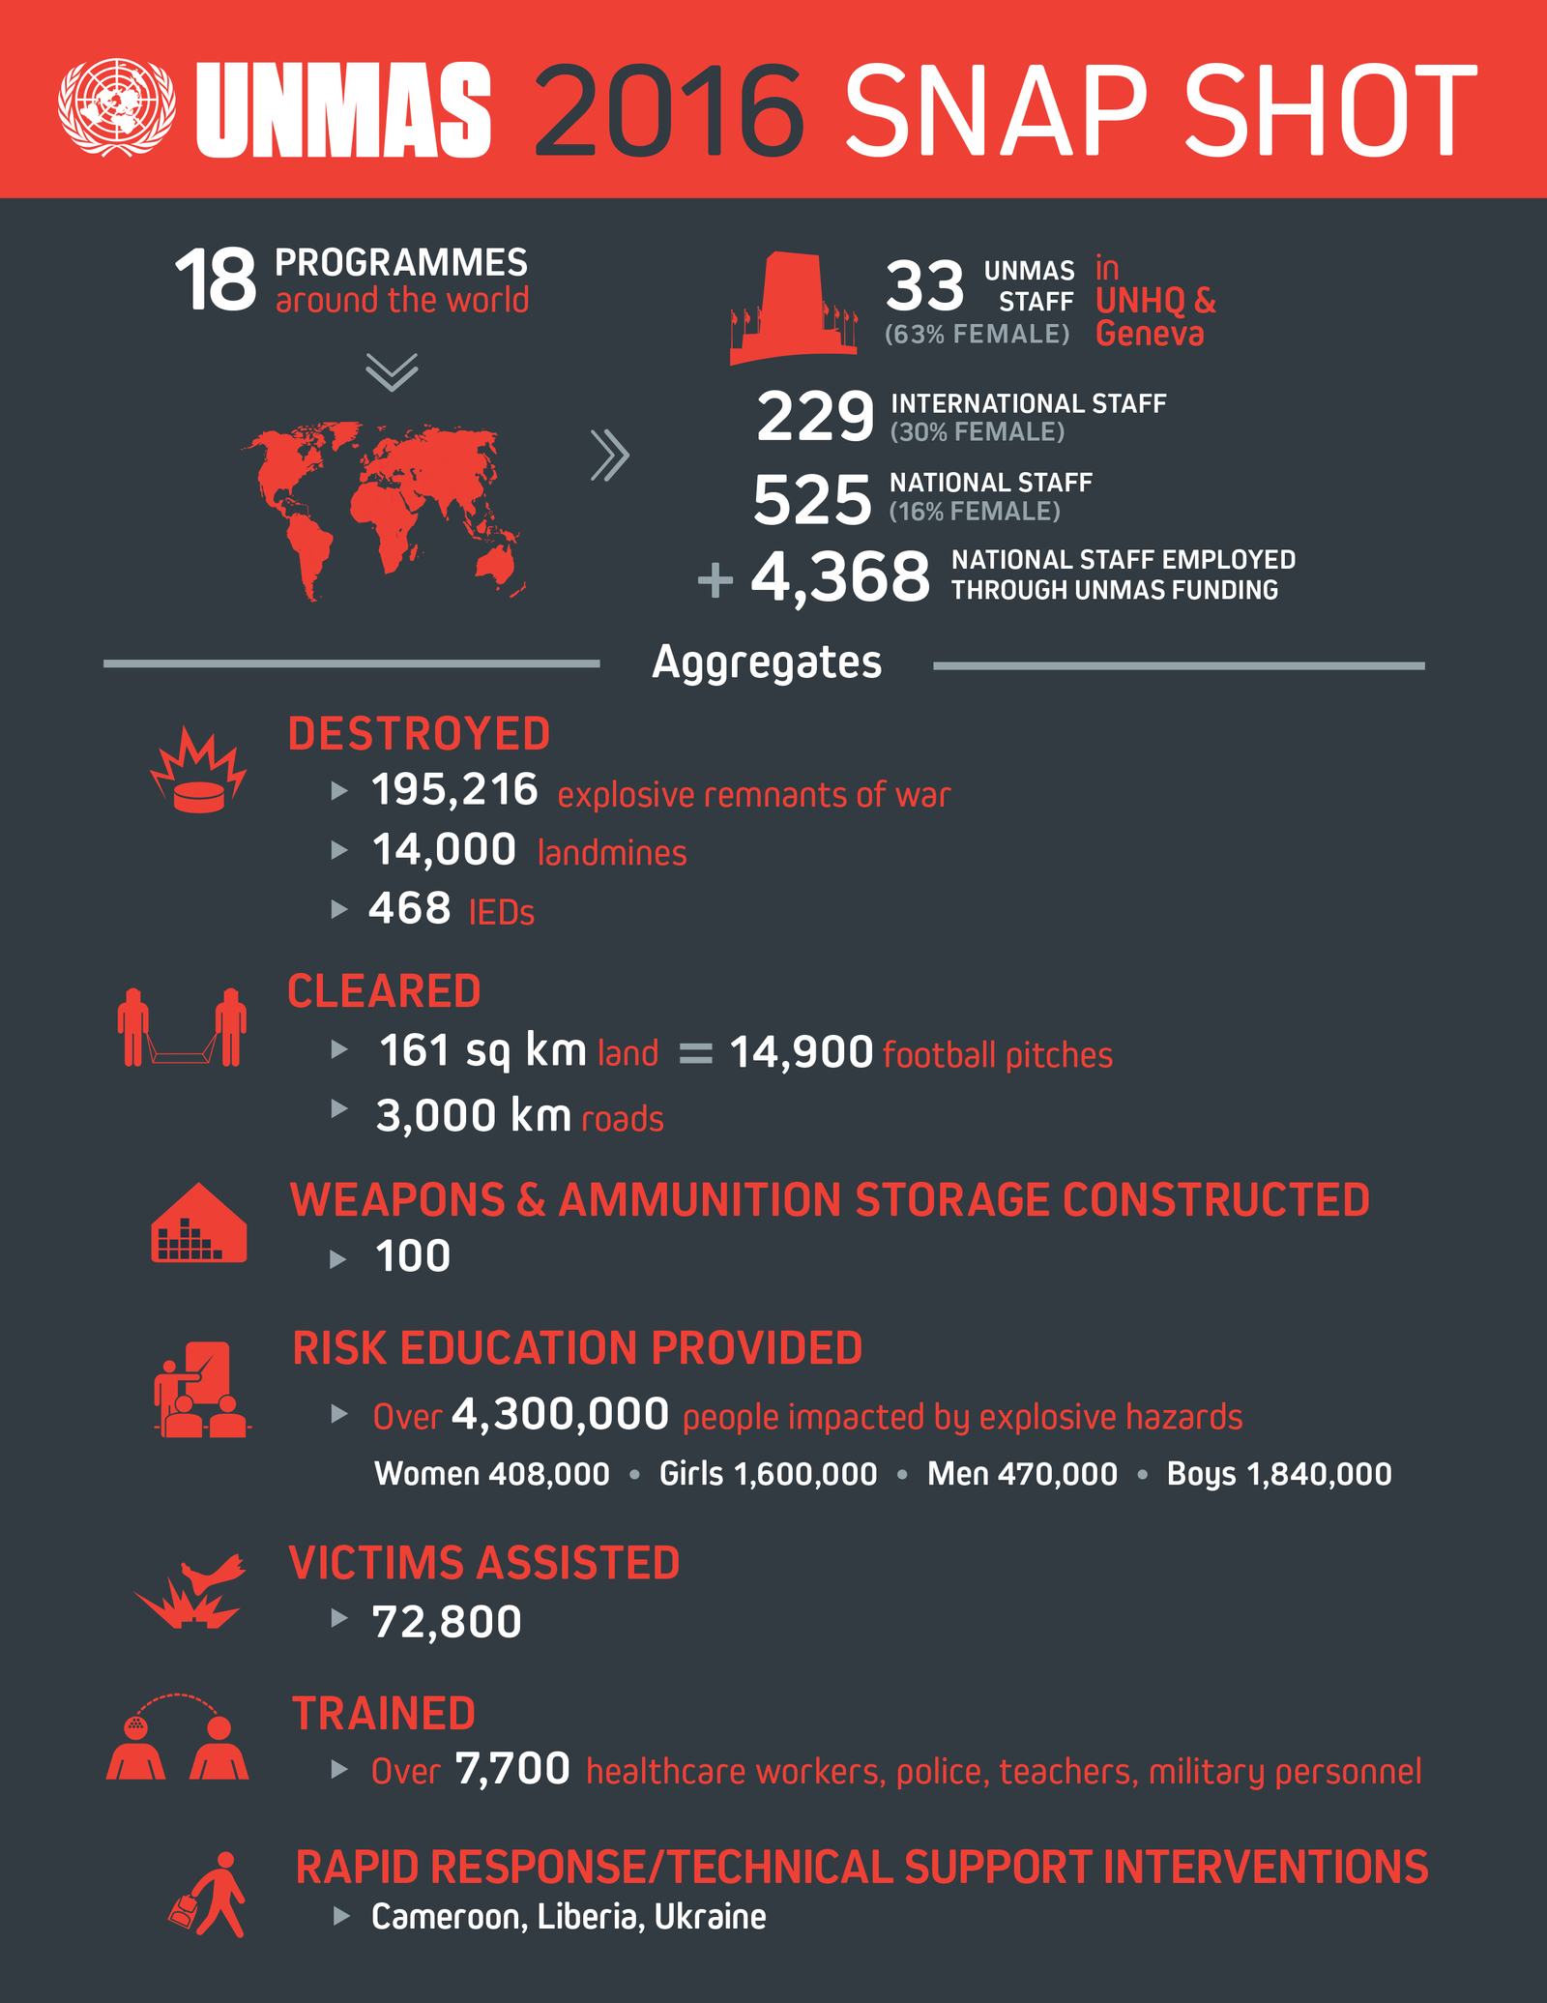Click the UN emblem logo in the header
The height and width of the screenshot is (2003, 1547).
117,107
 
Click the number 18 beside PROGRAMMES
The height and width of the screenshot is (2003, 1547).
216,280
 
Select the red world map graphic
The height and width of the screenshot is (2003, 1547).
387,509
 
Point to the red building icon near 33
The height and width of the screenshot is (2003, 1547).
793,308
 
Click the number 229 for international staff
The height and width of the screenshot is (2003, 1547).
815,417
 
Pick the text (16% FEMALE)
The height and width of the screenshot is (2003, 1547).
975,512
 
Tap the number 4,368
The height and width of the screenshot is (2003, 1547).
840,577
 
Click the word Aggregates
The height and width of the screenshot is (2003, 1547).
767,663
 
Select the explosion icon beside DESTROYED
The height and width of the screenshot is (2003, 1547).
198,771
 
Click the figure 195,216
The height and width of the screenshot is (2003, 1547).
454,790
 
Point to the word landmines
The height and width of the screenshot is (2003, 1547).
612,853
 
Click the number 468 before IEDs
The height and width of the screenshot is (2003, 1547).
410,909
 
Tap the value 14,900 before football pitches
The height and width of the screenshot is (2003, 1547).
802,1052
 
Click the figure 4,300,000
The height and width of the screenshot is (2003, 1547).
560,1415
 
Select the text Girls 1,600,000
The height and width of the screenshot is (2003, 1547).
768,1474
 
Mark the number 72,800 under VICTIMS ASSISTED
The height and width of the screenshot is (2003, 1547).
447,1622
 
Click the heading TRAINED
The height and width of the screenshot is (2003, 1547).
384,1714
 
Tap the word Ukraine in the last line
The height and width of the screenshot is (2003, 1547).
711,1917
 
